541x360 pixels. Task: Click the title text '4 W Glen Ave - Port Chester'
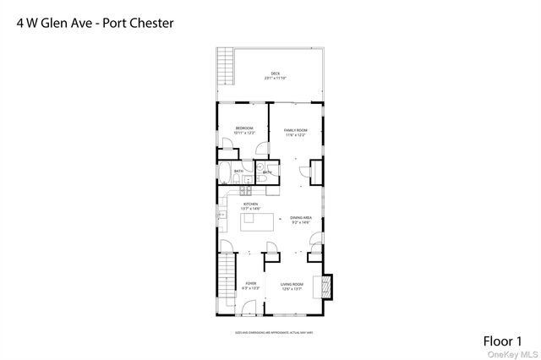tap(95, 23)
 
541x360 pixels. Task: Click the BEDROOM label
tap(244, 130)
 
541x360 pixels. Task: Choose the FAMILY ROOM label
tap(294, 130)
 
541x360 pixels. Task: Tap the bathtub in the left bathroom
tap(226, 173)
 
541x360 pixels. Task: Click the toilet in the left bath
tap(249, 178)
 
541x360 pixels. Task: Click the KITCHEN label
tap(250, 206)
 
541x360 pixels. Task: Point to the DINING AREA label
tap(302, 220)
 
